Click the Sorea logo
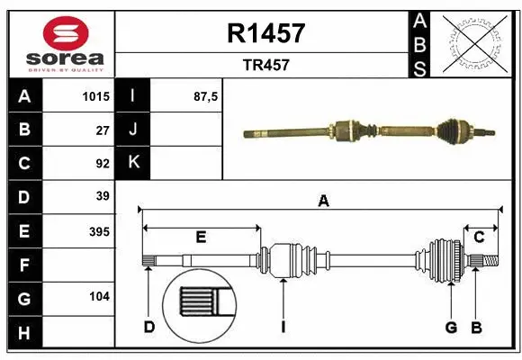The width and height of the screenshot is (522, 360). pyautogui.click(x=59, y=45)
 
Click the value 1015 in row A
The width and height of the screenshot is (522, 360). pyautogui.click(x=96, y=96)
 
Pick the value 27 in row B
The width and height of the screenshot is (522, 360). pyautogui.click(x=102, y=130)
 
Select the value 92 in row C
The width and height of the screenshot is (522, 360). pyautogui.click(x=102, y=163)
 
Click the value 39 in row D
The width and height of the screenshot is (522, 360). pyautogui.click(x=102, y=196)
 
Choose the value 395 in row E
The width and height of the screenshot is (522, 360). pyautogui.click(x=99, y=231)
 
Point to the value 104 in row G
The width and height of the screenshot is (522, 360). pyautogui.click(x=99, y=295)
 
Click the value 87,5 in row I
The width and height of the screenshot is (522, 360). pyautogui.click(x=207, y=96)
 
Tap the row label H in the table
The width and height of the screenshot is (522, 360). pyautogui.click(x=23, y=333)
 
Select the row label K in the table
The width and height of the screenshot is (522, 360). pyautogui.click(x=133, y=163)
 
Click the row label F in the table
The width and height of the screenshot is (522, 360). pyautogui.click(x=23, y=265)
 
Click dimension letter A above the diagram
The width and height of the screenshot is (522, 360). pyautogui.click(x=323, y=202)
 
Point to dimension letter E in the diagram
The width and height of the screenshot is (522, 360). pyautogui.click(x=201, y=237)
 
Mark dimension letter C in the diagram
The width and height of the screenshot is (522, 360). pyautogui.click(x=480, y=237)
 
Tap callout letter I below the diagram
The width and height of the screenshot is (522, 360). pyautogui.click(x=283, y=327)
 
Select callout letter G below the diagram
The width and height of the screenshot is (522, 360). pyautogui.click(x=451, y=327)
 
